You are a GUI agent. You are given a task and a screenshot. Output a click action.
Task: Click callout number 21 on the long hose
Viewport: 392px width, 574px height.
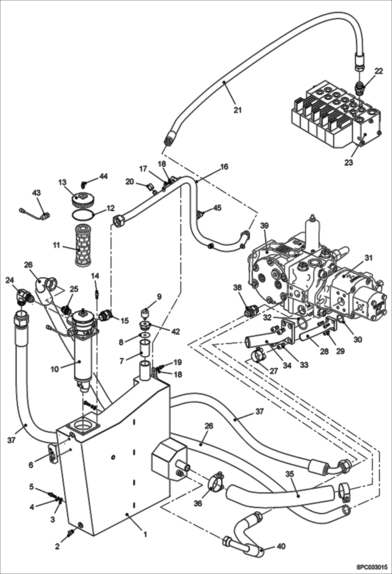pos(237,110)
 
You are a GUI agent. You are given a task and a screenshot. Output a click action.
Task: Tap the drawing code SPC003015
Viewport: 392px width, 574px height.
pos(371,567)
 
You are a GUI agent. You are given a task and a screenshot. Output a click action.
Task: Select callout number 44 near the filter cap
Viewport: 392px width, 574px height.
pos(103,176)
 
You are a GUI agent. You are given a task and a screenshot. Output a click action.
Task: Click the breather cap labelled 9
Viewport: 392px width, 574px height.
pos(145,312)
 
